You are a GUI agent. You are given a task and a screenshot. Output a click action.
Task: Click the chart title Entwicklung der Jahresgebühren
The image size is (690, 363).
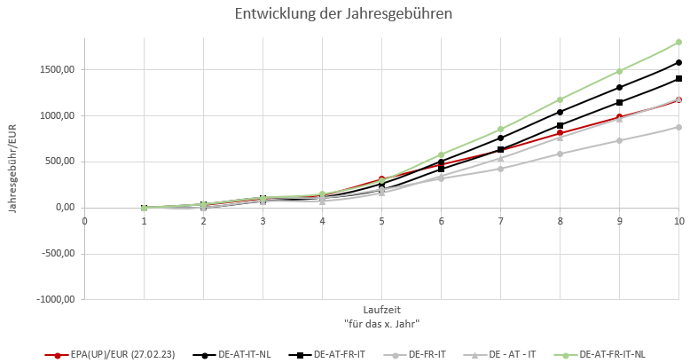[x=345, y=14]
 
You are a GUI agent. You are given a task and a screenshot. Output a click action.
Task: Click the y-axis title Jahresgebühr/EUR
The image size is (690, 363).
[x=12, y=165]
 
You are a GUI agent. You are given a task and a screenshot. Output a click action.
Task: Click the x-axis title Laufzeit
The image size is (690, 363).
[x=380, y=311]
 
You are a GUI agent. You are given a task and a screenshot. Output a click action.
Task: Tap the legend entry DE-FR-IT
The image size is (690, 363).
[x=427, y=354]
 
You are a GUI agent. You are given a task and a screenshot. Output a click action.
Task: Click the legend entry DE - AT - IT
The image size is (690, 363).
[x=508, y=354]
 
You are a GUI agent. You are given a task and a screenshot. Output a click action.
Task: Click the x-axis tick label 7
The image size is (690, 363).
[x=500, y=220]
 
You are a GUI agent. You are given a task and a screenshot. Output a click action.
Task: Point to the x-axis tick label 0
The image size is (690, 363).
[x=84, y=220]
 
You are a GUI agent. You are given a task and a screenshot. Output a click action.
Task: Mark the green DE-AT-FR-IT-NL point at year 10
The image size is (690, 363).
[x=679, y=42]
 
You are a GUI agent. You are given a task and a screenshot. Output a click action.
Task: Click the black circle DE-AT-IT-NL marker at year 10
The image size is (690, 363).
[x=679, y=63]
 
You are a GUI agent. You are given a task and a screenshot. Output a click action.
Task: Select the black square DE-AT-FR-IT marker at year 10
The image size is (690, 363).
[x=679, y=79]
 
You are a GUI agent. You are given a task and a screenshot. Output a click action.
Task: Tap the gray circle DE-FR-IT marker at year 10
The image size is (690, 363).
[x=679, y=127]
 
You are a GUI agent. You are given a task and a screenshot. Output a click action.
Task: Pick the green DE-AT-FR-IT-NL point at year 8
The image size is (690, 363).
[x=561, y=99]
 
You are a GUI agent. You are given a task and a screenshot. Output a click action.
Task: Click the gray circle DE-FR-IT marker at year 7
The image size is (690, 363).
[x=501, y=169]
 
